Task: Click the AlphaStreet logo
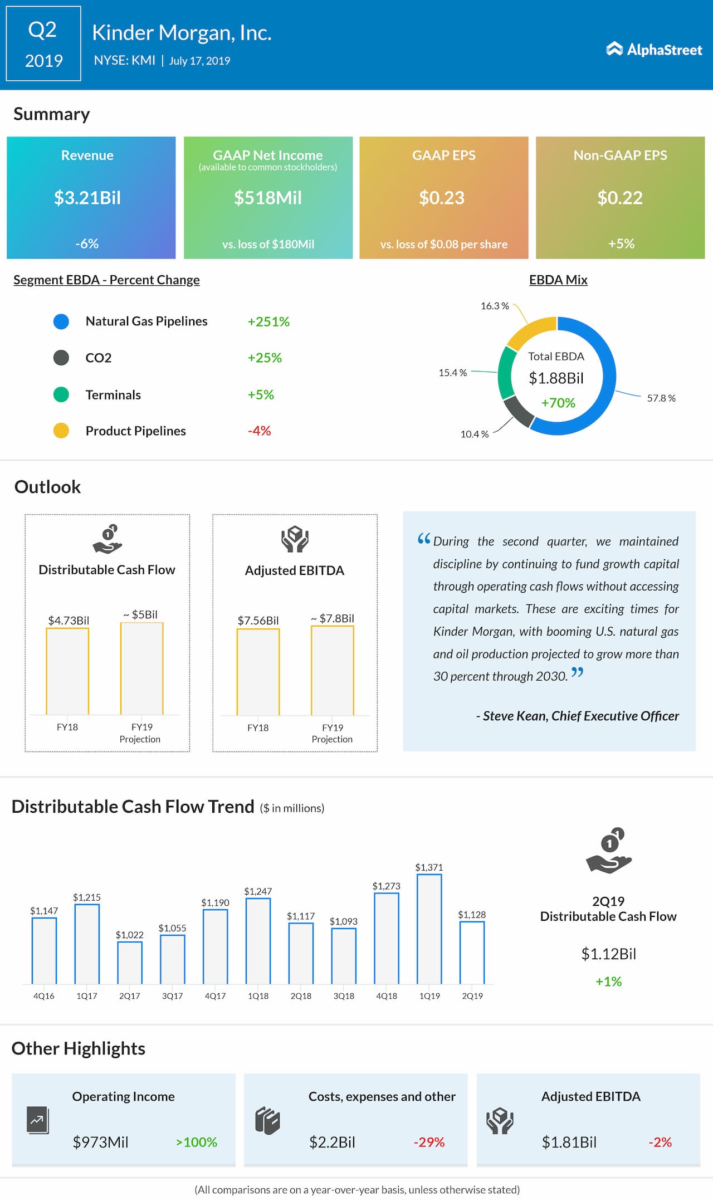(x=654, y=50)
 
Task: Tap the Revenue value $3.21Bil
(x=87, y=198)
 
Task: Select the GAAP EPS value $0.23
(x=442, y=198)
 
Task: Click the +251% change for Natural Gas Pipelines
(x=268, y=322)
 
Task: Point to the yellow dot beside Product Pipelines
(x=61, y=431)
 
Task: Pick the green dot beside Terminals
(x=61, y=394)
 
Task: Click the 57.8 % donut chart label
(x=661, y=398)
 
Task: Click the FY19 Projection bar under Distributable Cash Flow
(x=142, y=668)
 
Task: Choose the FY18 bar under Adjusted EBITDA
(x=258, y=672)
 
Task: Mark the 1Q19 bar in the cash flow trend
(x=429, y=929)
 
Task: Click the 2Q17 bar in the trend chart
(x=130, y=962)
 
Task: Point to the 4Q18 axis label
(x=387, y=996)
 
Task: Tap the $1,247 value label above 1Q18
(x=258, y=891)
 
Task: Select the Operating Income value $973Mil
(x=100, y=1143)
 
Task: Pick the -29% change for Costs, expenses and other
(x=429, y=1143)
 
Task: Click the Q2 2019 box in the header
(x=43, y=44)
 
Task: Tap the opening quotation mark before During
(x=424, y=539)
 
